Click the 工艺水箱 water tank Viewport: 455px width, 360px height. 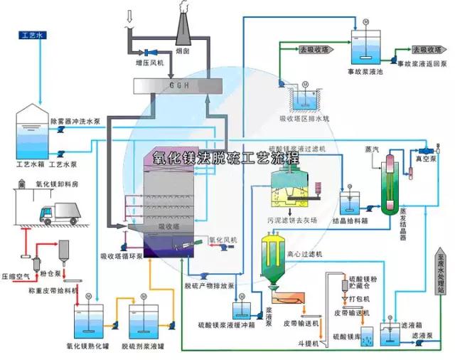31,132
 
